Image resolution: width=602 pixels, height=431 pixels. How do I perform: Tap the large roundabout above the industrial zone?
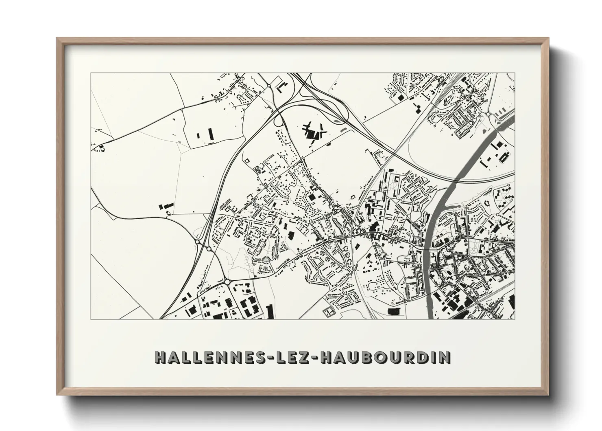(x=227, y=281)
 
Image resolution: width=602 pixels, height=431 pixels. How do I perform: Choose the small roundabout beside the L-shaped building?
(x=269, y=85)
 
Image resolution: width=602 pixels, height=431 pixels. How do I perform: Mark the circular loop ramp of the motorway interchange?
(x=279, y=119)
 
